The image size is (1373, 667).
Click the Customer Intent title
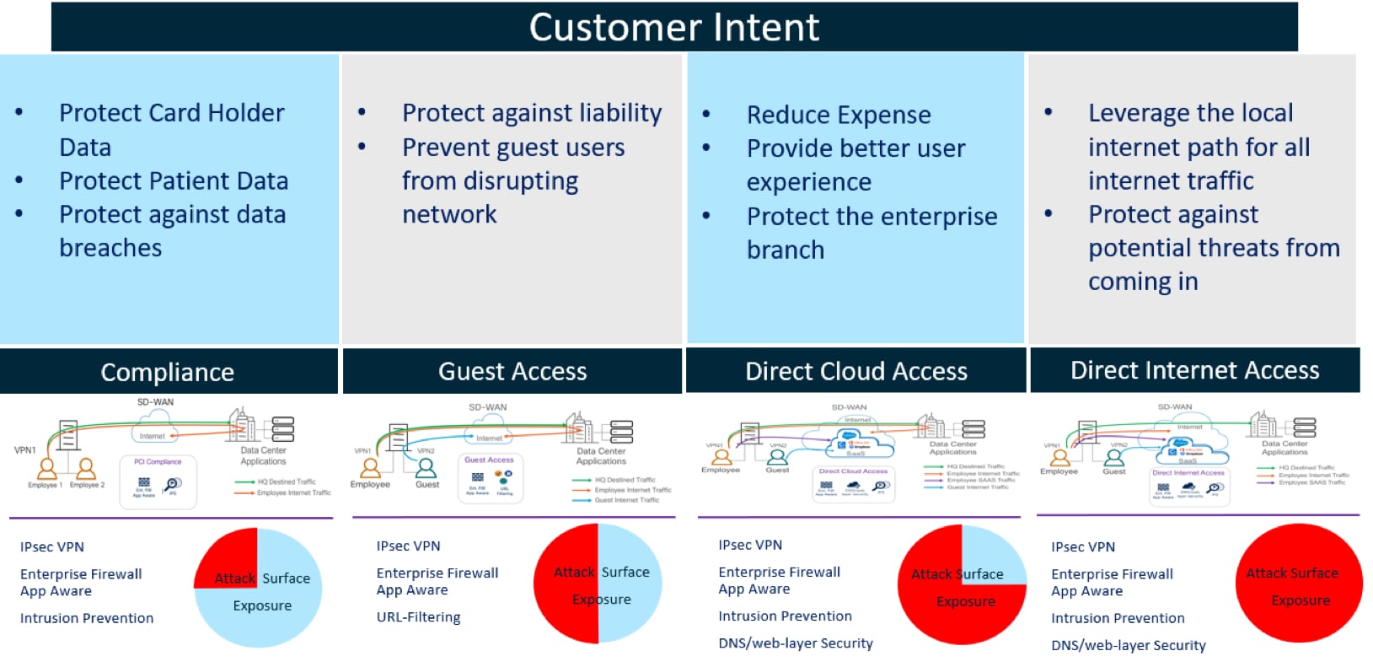pyautogui.click(x=673, y=27)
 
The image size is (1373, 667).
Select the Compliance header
pyautogui.click(x=167, y=372)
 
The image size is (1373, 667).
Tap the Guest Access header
pyautogui.click(x=512, y=371)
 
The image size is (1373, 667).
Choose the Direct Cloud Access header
pyautogui.click(x=855, y=371)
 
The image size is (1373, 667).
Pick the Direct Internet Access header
pyautogui.click(x=1194, y=370)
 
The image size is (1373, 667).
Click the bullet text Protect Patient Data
pyautogui.click(x=173, y=180)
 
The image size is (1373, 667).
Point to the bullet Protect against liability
pyautogui.click(x=531, y=113)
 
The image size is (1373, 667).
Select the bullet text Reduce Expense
pyautogui.click(x=838, y=115)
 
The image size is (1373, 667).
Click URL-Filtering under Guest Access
pyautogui.click(x=418, y=617)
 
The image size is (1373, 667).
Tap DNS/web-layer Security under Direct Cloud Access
pyautogui.click(x=795, y=643)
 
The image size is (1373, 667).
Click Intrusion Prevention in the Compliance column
pyautogui.click(x=86, y=618)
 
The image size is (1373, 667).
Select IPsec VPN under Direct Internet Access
pyautogui.click(x=1082, y=547)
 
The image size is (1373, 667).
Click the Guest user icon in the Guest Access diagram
pyautogui.click(x=426, y=468)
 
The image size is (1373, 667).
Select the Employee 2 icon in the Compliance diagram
pyautogui.click(x=86, y=469)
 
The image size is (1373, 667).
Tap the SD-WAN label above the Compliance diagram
pyautogui.click(x=155, y=402)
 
